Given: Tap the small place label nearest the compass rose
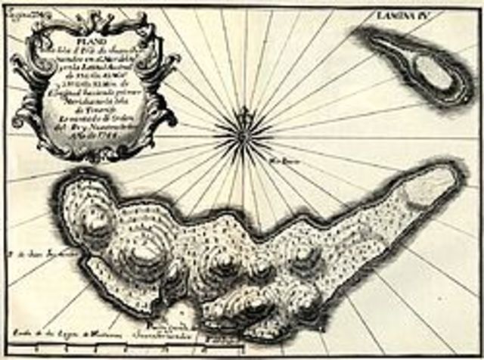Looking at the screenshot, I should [x=277, y=160].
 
